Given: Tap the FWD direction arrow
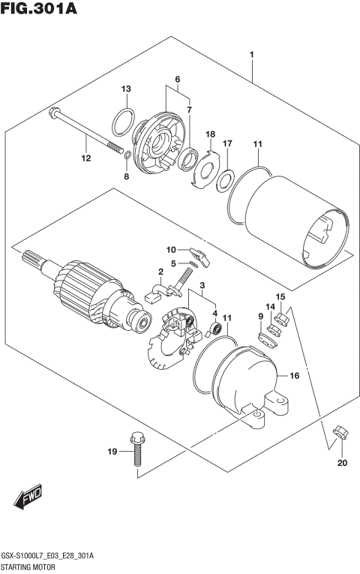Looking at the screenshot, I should pyautogui.click(x=29, y=497).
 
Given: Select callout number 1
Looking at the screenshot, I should pyautogui.click(x=253, y=55).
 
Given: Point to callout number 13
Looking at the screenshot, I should pyautogui.click(x=127, y=89).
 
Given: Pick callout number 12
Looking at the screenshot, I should pyautogui.click(x=85, y=158).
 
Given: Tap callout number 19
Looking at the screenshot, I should pyautogui.click(x=112, y=452).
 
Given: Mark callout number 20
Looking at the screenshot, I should pyautogui.click(x=342, y=462).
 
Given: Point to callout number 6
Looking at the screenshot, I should pyautogui.click(x=178, y=80).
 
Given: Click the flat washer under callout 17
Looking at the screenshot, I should pyautogui.click(x=224, y=180).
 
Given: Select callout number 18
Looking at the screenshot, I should pyautogui.click(x=211, y=133).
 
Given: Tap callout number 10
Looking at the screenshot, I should pyautogui.click(x=170, y=249).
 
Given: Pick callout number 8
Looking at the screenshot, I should pyautogui.click(x=127, y=177).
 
